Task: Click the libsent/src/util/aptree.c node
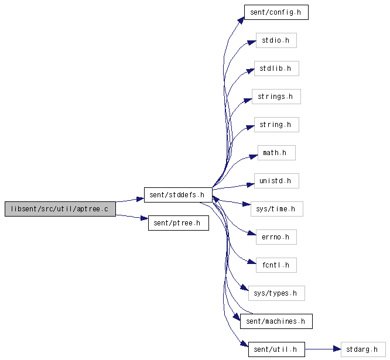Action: coord(60,209)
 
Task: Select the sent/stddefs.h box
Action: coord(178,195)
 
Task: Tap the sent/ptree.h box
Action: coord(179,223)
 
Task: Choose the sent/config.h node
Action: coord(276,12)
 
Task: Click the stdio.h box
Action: coord(276,40)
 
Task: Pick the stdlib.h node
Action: coord(276,68)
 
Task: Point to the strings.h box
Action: coord(276,97)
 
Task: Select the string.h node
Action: coord(276,125)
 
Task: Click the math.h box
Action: coord(276,153)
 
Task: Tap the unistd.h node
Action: coord(276,181)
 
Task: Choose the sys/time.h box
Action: coord(276,209)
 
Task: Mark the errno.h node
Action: coord(276,237)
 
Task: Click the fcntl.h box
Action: coord(276,265)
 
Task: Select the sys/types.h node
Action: coord(276,293)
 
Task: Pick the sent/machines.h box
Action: coord(276,321)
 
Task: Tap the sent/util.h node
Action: coord(276,349)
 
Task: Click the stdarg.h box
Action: coord(363,349)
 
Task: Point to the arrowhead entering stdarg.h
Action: coord(337,349)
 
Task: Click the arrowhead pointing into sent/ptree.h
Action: coord(144,218)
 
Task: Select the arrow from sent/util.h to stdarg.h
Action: coord(323,349)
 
